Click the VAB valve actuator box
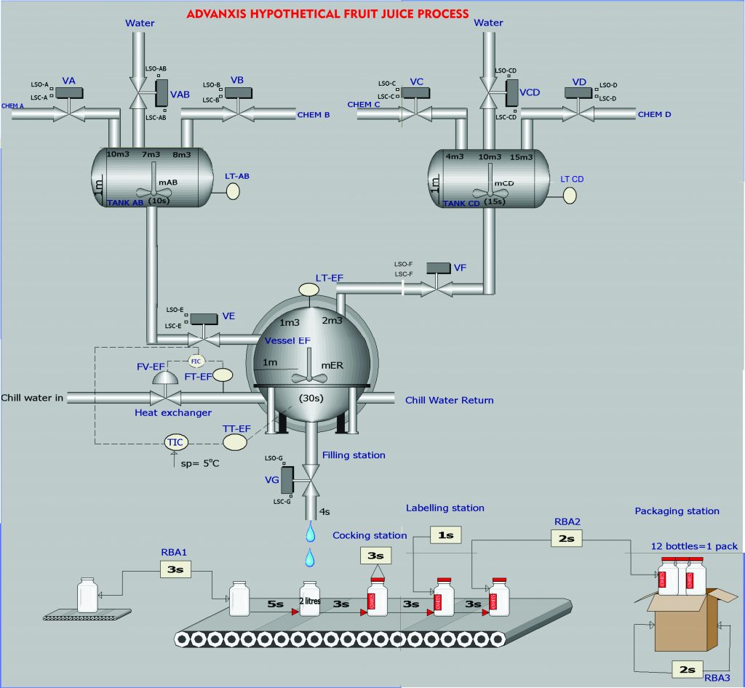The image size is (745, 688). (x=162, y=93)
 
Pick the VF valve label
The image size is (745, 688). (x=460, y=268)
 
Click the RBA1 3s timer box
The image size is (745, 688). (x=175, y=569)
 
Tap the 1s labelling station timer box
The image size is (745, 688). (x=445, y=535)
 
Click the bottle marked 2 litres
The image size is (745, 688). (x=311, y=599)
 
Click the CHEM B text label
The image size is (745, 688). (x=314, y=115)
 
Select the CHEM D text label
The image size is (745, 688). (x=654, y=114)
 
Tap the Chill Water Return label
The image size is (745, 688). (x=449, y=400)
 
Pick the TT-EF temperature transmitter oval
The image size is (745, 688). (x=235, y=441)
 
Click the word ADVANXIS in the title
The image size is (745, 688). (x=225, y=13)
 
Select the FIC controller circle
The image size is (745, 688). (x=196, y=361)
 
